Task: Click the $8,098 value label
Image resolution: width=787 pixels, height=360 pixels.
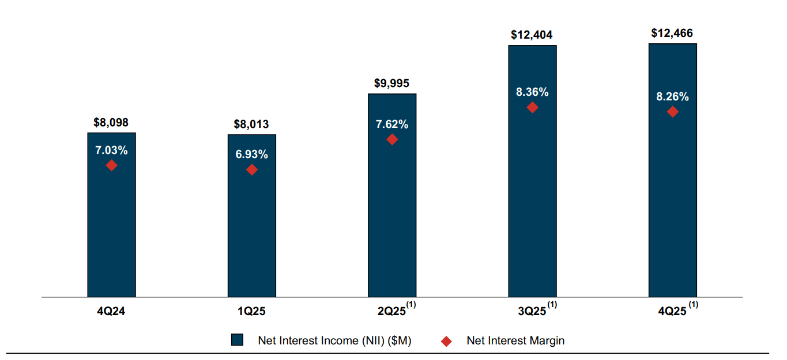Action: pos(111,122)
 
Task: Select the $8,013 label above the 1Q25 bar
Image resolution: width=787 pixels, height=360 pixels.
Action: pos(251,124)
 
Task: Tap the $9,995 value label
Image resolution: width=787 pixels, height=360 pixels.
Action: pos(391,83)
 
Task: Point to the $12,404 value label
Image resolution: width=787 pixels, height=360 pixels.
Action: pos(532,35)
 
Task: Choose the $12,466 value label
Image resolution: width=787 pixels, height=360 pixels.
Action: pos(672,33)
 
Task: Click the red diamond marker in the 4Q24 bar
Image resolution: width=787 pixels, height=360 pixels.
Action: pos(111,166)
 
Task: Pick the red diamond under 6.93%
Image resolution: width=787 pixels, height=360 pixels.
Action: pos(252,170)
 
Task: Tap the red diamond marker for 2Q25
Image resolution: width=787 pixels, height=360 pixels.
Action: pos(392,139)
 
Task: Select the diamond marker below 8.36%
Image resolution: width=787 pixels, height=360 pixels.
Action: pos(532,107)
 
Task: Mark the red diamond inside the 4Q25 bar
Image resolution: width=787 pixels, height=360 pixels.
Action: pos(672,112)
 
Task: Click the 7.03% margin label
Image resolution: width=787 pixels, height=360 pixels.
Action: pos(111,151)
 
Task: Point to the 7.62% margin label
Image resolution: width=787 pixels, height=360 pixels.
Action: pos(392,124)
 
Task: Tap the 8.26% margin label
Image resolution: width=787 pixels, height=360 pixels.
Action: pos(672,97)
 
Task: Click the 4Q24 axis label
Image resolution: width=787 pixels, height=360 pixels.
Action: pos(111,312)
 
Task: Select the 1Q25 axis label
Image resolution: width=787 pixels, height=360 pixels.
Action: pos(252,312)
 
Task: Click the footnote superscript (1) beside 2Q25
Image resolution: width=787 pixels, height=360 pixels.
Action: pos(412,305)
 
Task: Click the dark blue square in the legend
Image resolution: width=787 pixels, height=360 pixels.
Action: pos(237,340)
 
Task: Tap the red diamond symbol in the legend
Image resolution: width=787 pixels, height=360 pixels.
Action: pos(446,341)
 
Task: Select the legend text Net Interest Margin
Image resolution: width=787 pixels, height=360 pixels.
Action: pos(515,340)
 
